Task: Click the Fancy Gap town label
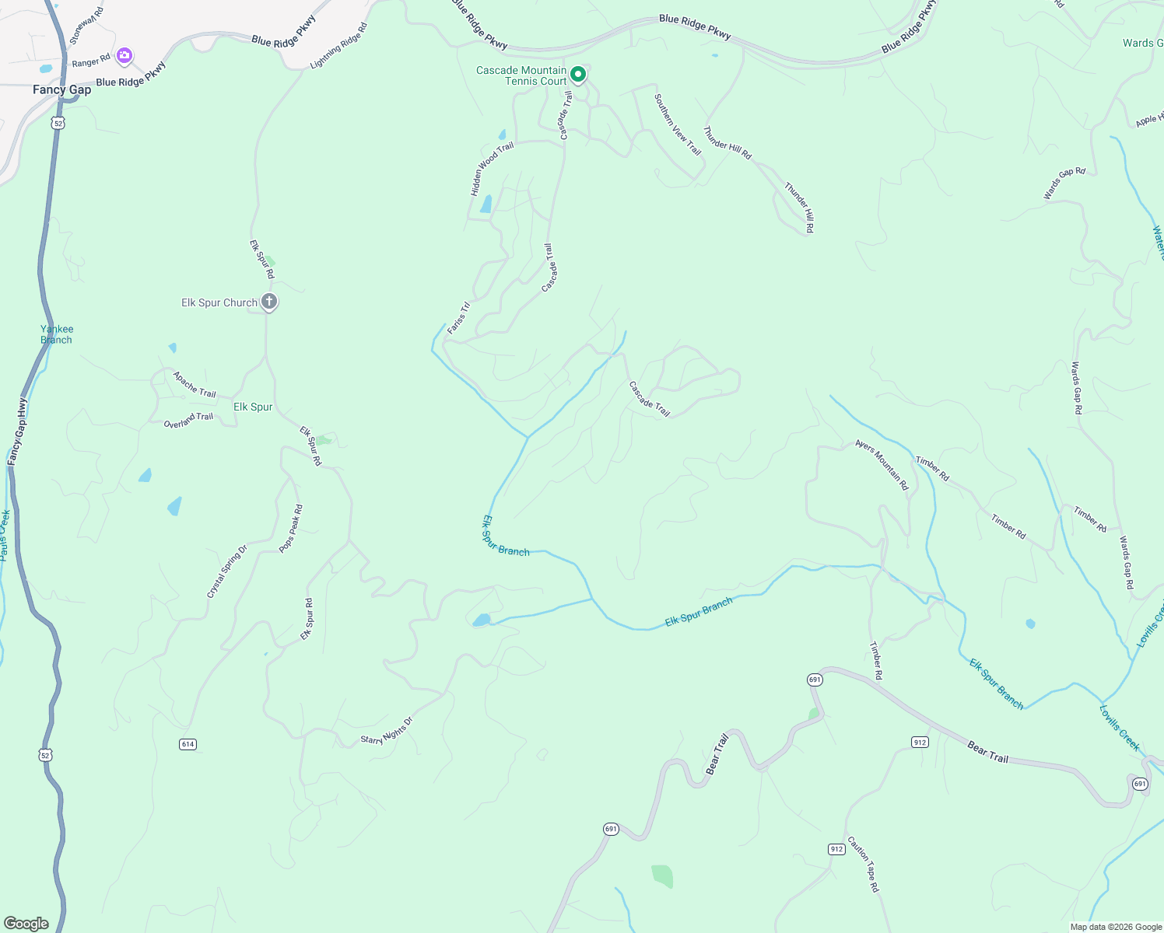61,90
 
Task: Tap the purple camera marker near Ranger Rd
124,56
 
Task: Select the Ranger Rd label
91,61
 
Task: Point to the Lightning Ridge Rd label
338,46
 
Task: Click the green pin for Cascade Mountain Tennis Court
578,75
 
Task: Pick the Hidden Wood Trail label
492,169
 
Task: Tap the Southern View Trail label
677,124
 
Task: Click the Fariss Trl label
459,317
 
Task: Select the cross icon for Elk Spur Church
268,302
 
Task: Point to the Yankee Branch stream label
57,334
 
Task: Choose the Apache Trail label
195,384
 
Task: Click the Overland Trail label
188,421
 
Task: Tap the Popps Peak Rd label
291,529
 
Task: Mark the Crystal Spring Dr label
226,571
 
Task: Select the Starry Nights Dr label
386,731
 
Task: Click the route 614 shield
188,744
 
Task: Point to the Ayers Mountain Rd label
882,464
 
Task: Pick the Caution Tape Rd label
863,864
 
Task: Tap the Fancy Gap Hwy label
17,432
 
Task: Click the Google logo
26,923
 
